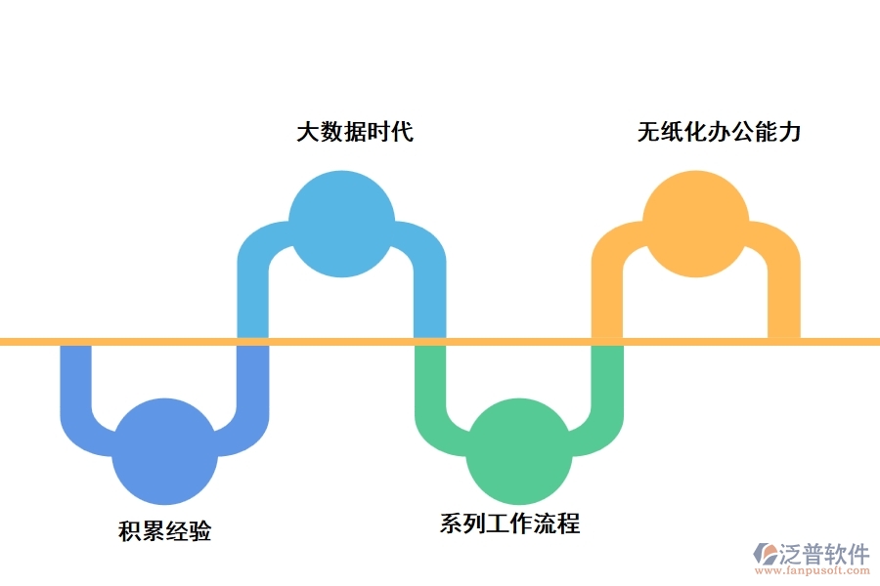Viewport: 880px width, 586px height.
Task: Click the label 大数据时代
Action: coord(355,132)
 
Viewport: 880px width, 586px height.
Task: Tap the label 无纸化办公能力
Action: coord(720,132)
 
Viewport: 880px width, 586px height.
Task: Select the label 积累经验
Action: coord(164,532)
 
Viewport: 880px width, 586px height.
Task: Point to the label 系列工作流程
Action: coord(509,524)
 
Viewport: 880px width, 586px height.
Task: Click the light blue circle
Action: coord(341,224)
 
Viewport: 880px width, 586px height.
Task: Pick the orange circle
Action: coord(695,224)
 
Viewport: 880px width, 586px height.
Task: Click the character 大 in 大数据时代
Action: coord(308,132)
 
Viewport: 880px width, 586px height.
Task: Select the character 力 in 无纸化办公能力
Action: coord(790,132)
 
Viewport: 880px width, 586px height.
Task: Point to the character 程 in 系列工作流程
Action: coord(568,524)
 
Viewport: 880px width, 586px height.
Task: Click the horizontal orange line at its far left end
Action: coord(8,342)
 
